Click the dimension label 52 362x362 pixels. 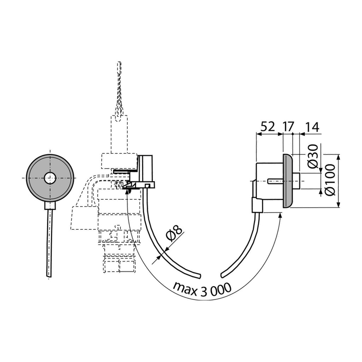[268, 127]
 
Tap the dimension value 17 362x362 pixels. [288, 127]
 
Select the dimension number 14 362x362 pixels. [312, 127]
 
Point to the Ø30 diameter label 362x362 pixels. [313, 156]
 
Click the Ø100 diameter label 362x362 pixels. [329, 180]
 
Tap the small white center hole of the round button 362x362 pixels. [50, 178]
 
